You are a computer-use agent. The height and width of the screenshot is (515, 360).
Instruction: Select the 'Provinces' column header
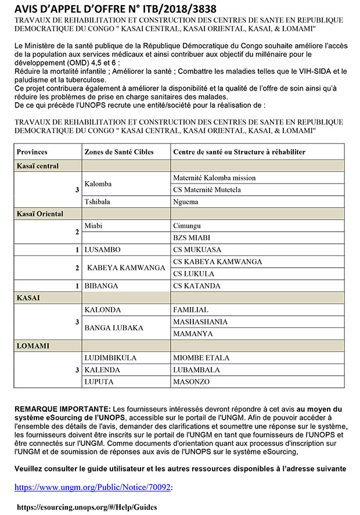point(32,152)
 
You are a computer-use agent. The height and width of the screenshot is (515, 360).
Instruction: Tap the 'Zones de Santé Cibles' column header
point(111,152)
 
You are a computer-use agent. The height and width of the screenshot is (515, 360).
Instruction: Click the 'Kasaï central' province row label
point(38,166)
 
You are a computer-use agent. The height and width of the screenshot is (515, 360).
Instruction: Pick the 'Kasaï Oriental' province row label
point(40,214)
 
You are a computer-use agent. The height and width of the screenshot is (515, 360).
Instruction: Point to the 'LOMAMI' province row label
point(33,346)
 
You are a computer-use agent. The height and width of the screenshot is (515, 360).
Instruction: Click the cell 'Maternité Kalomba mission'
point(214,178)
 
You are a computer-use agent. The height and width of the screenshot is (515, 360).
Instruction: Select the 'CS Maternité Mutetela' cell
point(207,190)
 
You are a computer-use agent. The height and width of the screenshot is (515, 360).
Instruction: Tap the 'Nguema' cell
point(186,202)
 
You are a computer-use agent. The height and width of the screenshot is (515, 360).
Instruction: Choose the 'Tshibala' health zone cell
point(98,202)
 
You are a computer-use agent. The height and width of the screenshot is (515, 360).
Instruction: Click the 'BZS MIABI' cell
point(192,237)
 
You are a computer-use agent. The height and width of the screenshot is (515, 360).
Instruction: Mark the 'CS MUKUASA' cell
point(196,250)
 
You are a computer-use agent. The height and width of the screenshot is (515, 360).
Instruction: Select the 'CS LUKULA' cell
point(194,273)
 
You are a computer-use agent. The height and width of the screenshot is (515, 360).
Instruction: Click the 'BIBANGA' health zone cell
point(102,286)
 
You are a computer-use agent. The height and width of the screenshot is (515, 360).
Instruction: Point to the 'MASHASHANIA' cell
point(200,321)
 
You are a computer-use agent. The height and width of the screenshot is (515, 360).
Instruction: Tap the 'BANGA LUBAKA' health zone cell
point(114,327)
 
